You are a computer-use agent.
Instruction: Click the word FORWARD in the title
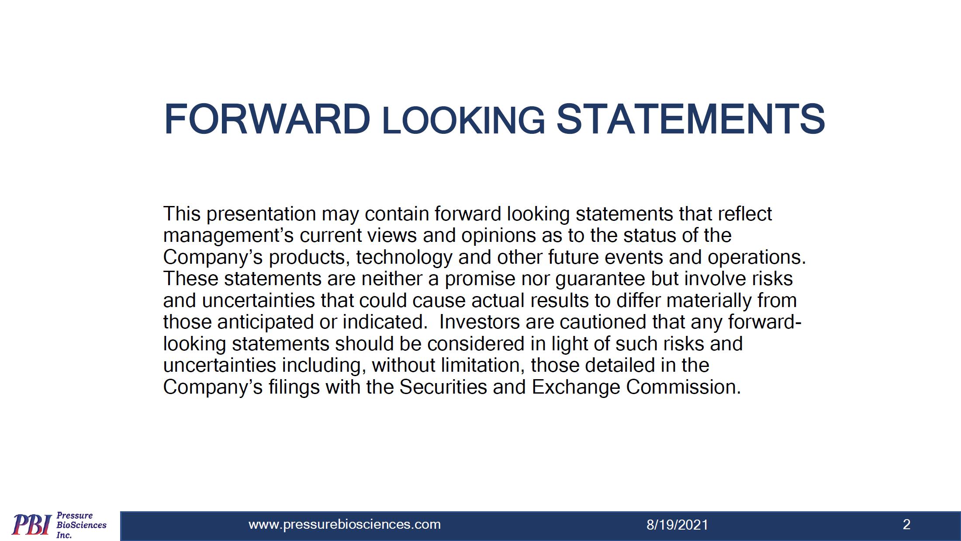[x=267, y=119]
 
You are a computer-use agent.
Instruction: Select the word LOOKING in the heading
[x=463, y=121]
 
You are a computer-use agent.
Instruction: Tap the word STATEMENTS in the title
[x=691, y=119]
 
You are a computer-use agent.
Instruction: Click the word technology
[x=404, y=258]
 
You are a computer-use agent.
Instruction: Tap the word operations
[x=757, y=258]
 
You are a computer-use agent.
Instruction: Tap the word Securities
[x=443, y=387]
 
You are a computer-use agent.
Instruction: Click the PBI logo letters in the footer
[x=31, y=525]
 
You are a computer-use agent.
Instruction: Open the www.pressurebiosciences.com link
[x=345, y=524]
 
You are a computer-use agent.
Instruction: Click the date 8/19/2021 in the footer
[x=677, y=525]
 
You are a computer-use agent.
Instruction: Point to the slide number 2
[x=906, y=524]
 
